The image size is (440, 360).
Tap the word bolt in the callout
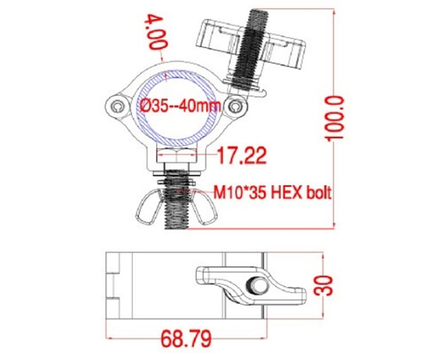click(x=316, y=193)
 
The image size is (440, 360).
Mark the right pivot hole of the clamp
click(x=234, y=106)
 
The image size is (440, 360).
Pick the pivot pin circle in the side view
click(x=258, y=286)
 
